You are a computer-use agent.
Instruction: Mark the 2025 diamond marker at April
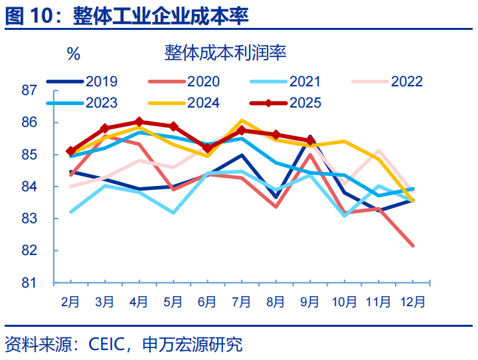coord(139,122)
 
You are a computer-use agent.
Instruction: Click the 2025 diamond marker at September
coord(310,141)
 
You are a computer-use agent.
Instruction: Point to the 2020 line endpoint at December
coord(413,246)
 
